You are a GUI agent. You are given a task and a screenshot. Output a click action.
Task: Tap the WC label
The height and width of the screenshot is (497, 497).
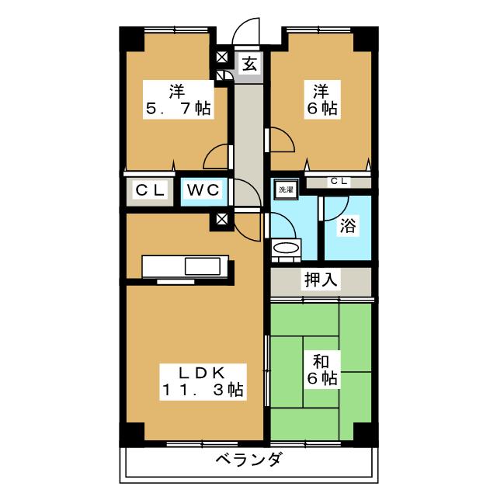pyautogui.click(x=204, y=189)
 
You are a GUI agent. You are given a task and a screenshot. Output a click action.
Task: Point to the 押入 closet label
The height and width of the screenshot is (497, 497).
pyautogui.click(x=321, y=280)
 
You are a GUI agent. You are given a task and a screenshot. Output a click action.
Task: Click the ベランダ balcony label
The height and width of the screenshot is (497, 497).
pyautogui.click(x=248, y=460)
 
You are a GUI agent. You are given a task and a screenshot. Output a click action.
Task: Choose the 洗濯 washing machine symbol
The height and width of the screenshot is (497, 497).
pyautogui.click(x=286, y=189)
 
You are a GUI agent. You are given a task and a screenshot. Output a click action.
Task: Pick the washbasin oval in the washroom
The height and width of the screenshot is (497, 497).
pyautogui.click(x=286, y=249)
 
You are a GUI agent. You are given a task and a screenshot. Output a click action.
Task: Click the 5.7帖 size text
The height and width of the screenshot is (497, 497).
pyautogui.click(x=178, y=109)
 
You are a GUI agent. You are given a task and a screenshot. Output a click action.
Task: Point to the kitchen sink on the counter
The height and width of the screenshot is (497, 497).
pyautogui.click(x=204, y=266)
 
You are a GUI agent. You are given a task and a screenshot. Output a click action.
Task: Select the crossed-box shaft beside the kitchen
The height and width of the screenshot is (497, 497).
pyautogui.click(x=224, y=218)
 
